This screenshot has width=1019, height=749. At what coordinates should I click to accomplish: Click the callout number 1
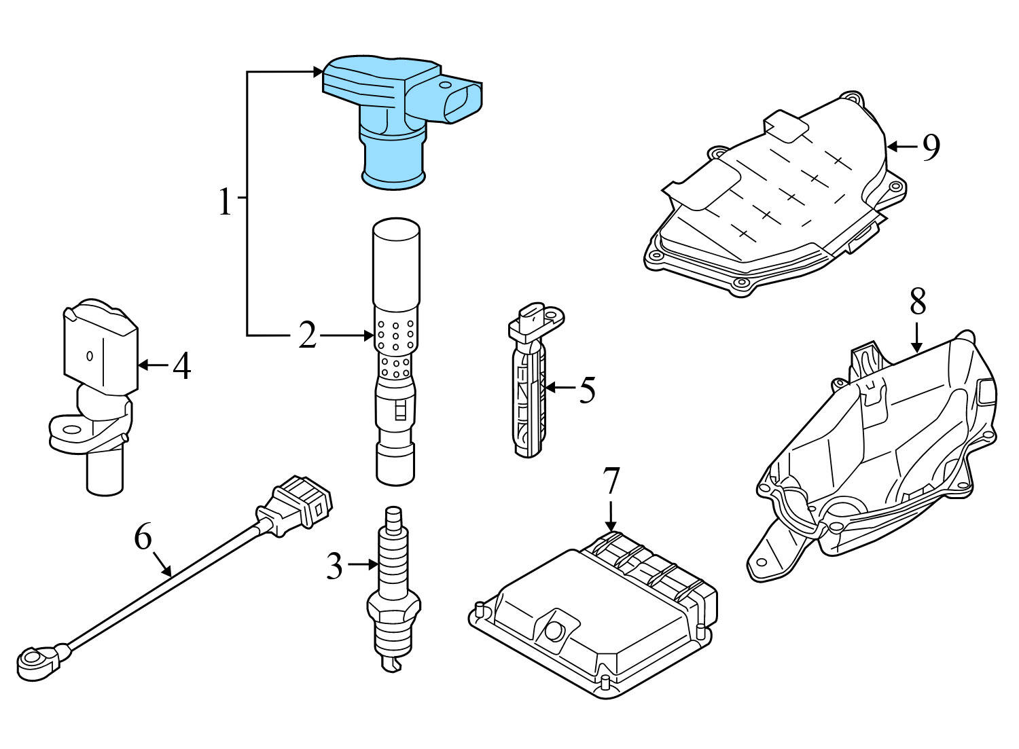tap(225, 202)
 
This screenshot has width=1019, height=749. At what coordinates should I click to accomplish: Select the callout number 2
tap(308, 335)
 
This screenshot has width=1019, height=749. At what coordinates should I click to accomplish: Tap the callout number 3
tap(334, 565)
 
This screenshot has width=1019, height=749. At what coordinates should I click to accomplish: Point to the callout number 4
tap(181, 366)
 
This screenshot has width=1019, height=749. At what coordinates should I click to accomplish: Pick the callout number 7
tap(611, 481)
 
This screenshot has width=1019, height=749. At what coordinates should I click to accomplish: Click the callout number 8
tap(918, 302)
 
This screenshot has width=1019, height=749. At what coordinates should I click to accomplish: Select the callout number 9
tap(931, 147)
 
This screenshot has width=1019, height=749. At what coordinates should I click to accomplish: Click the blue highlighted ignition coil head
tap(394, 115)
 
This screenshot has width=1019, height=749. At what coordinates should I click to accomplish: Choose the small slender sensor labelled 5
tap(530, 387)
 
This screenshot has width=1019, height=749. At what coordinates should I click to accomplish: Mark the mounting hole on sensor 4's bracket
tap(69, 428)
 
